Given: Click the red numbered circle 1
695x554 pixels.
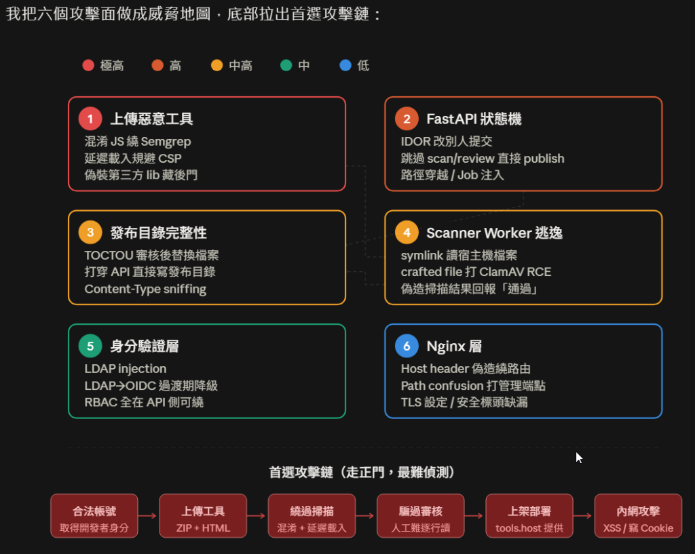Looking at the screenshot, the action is click(x=90, y=119).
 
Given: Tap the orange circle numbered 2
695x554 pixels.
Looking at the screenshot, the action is click(x=407, y=119).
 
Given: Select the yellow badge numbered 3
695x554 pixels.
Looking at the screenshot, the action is click(x=90, y=233).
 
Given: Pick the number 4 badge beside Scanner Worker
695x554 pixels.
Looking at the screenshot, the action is click(x=407, y=233).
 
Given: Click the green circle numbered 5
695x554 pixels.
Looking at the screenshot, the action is click(x=90, y=346).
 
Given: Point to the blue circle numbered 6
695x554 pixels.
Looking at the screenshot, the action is click(x=407, y=346).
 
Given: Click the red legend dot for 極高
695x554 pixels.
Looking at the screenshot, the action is click(x=88, y=66).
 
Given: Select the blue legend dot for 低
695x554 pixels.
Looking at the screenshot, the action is click(x=345, y=66).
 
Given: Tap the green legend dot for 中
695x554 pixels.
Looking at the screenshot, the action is click(x=286, y=66).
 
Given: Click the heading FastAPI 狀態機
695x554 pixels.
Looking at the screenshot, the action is click(x=474, y=119).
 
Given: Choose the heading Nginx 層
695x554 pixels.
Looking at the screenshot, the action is click(x=454, y=347).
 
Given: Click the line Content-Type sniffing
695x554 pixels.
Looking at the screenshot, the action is click(x=145, y=289).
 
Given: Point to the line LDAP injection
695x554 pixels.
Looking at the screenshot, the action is click(x=126, y=368).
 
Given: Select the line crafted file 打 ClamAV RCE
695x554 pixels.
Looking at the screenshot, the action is click(x=476, y=272).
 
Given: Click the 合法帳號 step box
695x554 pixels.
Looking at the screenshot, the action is click(x=94, y=516).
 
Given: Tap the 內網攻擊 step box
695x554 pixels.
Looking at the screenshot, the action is click(x=638, y=516).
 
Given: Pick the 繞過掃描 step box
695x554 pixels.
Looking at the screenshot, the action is click(x=312, y=516).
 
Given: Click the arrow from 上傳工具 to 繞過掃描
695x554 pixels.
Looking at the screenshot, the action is click(x=256, y=516).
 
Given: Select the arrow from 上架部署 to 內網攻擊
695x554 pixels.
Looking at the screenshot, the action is click(x=582, y=516).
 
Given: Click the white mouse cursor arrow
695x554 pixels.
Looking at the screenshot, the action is click(x=579, y=458).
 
